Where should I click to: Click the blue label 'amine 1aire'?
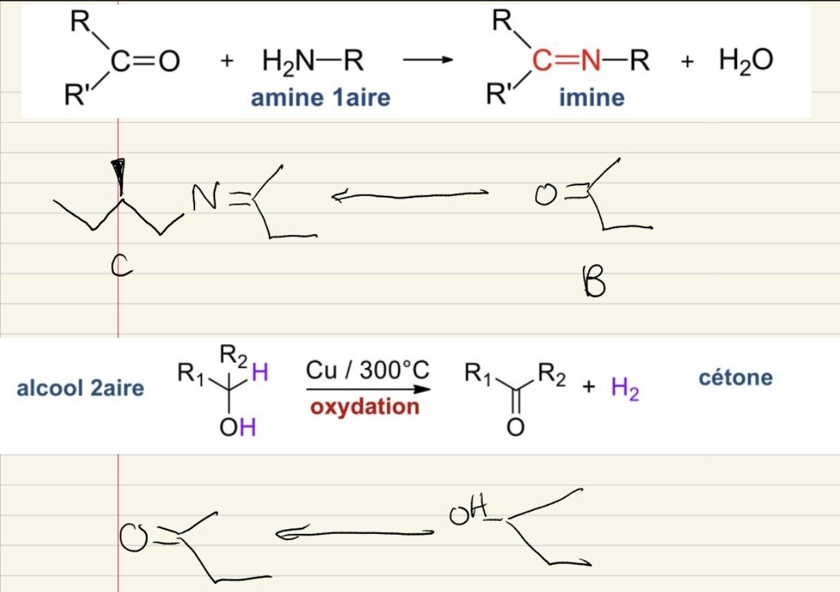pyautogui.click(x=320, y=98)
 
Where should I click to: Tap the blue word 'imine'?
pyautogui.click(x=591, y=98)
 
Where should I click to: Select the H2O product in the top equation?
pyautogui.click(x=746, y=61)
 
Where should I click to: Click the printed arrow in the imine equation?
pyautogui.click(x=428, y=61)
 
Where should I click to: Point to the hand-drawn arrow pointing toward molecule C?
pyautogui.click(x=409, y=196)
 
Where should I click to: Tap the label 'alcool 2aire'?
pyautogui.click(x=81, y=389)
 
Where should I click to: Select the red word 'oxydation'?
pyautogui.click(x=364, y=407)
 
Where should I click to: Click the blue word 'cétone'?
pyautogui.click(x=736, y=377)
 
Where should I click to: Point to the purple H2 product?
pyautogui.click(x=624, y=389)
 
